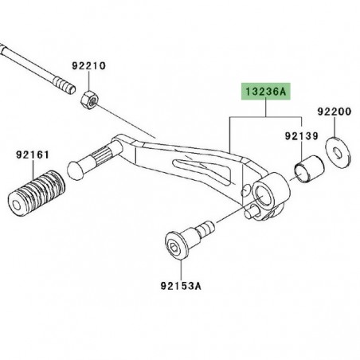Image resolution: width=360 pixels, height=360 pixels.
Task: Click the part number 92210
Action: [88, 66]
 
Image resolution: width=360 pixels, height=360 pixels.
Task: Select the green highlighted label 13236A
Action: [266, 92]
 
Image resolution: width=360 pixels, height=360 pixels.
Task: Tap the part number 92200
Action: [335, 112]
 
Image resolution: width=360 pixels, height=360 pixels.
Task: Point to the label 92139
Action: [302, 136]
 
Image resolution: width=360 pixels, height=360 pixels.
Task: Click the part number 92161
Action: [33, 155]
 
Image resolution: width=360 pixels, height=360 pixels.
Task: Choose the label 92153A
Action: [181, 286]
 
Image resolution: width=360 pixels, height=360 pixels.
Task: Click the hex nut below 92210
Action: [89, 100]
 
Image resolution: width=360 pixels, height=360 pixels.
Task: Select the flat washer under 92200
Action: [338, 152]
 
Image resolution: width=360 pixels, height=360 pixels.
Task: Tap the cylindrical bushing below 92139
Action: [309, 170]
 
